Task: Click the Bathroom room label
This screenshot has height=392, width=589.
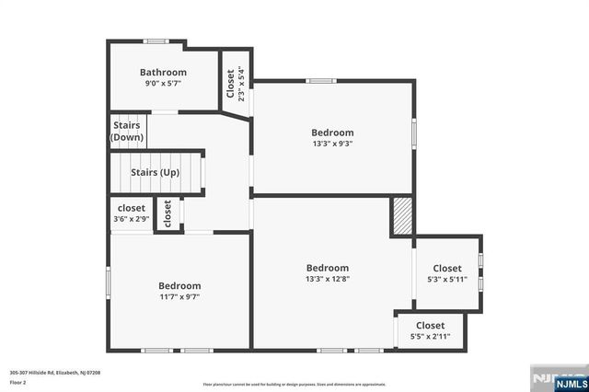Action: (x=163, y=72)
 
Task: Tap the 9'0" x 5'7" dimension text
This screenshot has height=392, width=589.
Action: (x=163, y=84)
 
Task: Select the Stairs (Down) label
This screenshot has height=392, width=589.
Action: (x=128, y=131)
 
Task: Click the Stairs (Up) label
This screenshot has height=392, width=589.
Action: (x=155, y=172)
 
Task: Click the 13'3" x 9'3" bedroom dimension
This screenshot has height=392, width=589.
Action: (x=332, y=143)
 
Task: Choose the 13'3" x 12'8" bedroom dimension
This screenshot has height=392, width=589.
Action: (x=328, y=279)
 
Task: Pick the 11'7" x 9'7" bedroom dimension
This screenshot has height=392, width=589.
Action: (x=179, y=297)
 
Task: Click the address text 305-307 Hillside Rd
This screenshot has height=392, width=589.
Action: (x=54, y=373)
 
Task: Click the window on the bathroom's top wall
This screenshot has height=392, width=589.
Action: (x=156, y=40)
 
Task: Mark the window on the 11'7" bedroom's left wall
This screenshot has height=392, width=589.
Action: (x=109, y=281)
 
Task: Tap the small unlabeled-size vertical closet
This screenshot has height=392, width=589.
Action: (x=167, y=214)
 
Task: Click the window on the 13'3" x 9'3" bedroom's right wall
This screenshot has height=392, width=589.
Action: (x=413, y=133)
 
